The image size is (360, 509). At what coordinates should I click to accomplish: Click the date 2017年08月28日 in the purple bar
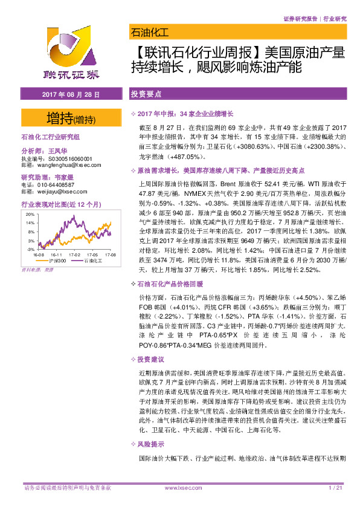tap(70, 95)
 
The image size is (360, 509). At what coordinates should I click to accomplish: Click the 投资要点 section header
tap(146, 95)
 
